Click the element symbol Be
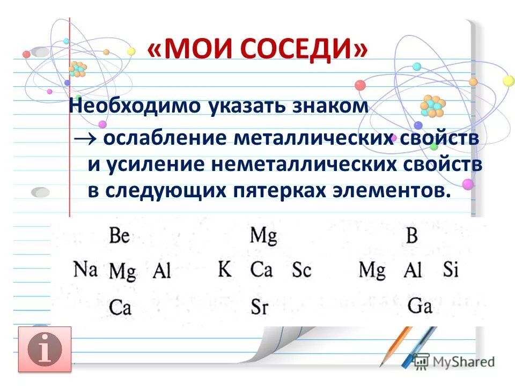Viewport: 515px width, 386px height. [x=120, y=235]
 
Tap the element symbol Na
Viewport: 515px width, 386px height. [x=85, y=268]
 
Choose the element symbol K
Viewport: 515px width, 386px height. [x=225, y=268]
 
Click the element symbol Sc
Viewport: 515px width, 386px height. [x=301, y=270]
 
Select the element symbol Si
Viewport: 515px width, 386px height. [x=451, y=269]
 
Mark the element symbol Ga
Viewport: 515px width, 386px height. [x=420, y=306]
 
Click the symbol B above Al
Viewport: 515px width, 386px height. [x=411, y=236]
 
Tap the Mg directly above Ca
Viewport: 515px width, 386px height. [x=263, y=236]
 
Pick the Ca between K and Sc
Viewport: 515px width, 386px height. [x=261, y=269]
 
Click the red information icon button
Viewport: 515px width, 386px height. [x=45, y=349]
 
